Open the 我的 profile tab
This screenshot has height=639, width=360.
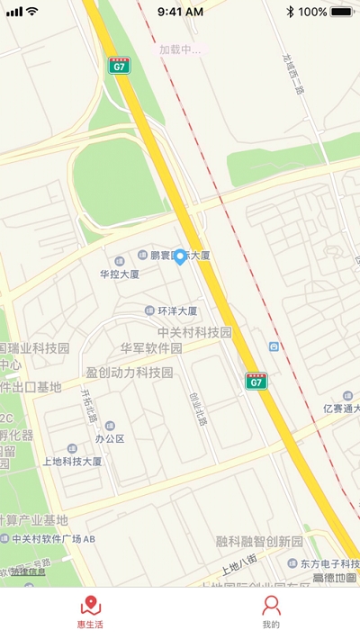click(x=271, y=607)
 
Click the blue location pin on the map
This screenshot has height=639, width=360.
click(x=179, y=257)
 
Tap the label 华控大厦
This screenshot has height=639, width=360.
click(x=120, y=274)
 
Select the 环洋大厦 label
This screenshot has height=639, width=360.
click(x=176, y=311)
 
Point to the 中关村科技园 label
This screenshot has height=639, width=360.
click(x=188, y=333)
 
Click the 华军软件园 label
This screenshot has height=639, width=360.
click(x=151, y=348)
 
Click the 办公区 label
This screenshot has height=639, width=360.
click(x=109, y=439)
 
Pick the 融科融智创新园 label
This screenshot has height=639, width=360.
click(x=259, y=542)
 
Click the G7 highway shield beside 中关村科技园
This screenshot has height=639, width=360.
click(x=256, y=382)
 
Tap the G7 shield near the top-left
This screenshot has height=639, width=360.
click(x=120, y=66)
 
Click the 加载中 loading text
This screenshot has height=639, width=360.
click(x=180, y=49)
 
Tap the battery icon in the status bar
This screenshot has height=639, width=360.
click(x=342, y=12)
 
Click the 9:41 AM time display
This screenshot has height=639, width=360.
click(x=180, y=12)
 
